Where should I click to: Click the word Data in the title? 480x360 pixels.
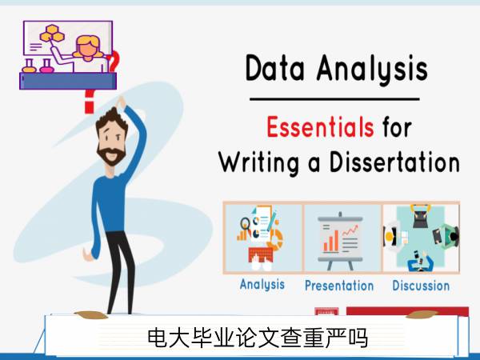click(x=275, y=68)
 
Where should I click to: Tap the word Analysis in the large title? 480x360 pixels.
click(x=372, y=70)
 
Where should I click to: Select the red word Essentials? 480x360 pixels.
click(x=320, y=126)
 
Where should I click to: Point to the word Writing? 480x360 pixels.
click(x=259, y=163)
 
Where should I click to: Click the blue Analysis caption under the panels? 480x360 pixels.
click(x=262, y=285)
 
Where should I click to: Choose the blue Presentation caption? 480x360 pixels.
click(x=339, y=286)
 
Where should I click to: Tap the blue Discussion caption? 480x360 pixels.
click(x=421, y=286)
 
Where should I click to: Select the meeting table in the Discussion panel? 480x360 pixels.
click(x=421, y=236)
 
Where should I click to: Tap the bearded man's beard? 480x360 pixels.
click(x=111, y=155)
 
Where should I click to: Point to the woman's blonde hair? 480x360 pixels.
click(x=89, y=46)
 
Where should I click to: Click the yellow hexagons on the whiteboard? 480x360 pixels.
click(x=52, y=34)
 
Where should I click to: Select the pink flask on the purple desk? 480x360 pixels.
click(x=46, y=66)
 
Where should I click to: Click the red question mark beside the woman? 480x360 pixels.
click(x=114, y=62)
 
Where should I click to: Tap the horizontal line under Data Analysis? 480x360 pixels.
click(x=334, y=99)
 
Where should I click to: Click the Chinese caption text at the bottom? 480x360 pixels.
click(x=258, y=338)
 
